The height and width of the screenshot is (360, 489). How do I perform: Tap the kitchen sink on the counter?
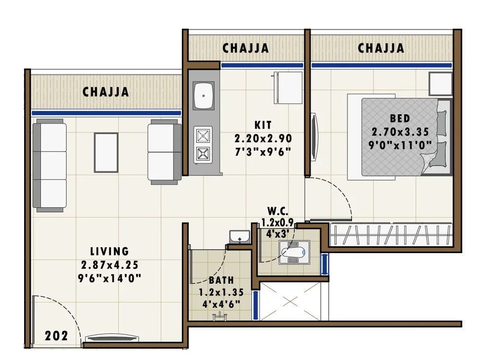pos(203,96)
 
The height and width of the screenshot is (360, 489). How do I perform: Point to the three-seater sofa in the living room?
pos(49,166)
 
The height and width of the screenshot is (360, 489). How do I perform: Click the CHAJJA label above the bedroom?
pos(381,48)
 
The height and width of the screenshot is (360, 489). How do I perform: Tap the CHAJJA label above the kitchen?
pos(245,48)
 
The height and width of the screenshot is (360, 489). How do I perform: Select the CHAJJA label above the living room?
pos(105,92)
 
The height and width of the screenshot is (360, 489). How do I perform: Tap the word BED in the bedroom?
pos(399,119)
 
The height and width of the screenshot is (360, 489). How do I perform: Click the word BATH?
pos(218,280)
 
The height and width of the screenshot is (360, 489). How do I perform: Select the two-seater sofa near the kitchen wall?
pos(163,152)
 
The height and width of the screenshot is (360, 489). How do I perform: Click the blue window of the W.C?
pos(324,264)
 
